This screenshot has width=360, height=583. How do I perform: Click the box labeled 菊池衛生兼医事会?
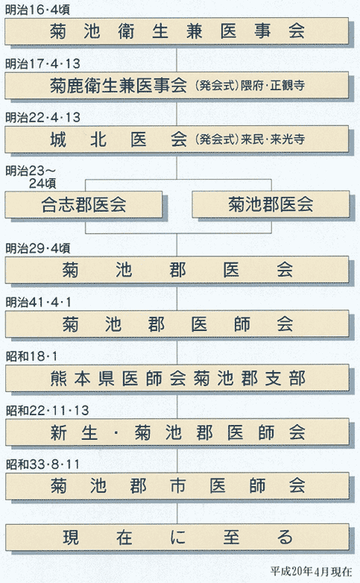[177, 31]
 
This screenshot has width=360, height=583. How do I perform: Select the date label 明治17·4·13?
[42, 64]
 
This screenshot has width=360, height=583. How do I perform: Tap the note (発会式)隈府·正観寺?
[250, 86]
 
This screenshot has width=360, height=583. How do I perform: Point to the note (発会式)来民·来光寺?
[250, 139]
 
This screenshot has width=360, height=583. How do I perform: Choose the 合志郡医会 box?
[83, 204]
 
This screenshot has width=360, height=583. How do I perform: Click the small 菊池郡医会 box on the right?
[271, 204]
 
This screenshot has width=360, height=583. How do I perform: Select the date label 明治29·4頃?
[37, 248]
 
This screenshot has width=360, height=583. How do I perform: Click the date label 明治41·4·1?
[38, 302]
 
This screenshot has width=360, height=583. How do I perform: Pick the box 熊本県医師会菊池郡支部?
[177, 378]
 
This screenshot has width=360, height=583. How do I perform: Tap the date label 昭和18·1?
[31, 356]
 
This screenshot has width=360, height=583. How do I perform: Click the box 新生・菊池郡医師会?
[177, 432]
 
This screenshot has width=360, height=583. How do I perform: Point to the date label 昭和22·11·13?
[47, 411]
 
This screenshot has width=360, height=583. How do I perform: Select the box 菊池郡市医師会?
[177, 486]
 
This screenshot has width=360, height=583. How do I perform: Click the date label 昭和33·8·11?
[42, 464]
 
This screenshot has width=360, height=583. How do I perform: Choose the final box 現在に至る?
[177, 538]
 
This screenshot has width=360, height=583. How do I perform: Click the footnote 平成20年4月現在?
[311, 571]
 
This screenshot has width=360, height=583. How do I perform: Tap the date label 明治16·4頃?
[37, 10]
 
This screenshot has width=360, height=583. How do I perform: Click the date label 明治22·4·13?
[42, 118]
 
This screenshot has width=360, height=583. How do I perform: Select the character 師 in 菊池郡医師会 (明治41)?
[241, 324]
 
